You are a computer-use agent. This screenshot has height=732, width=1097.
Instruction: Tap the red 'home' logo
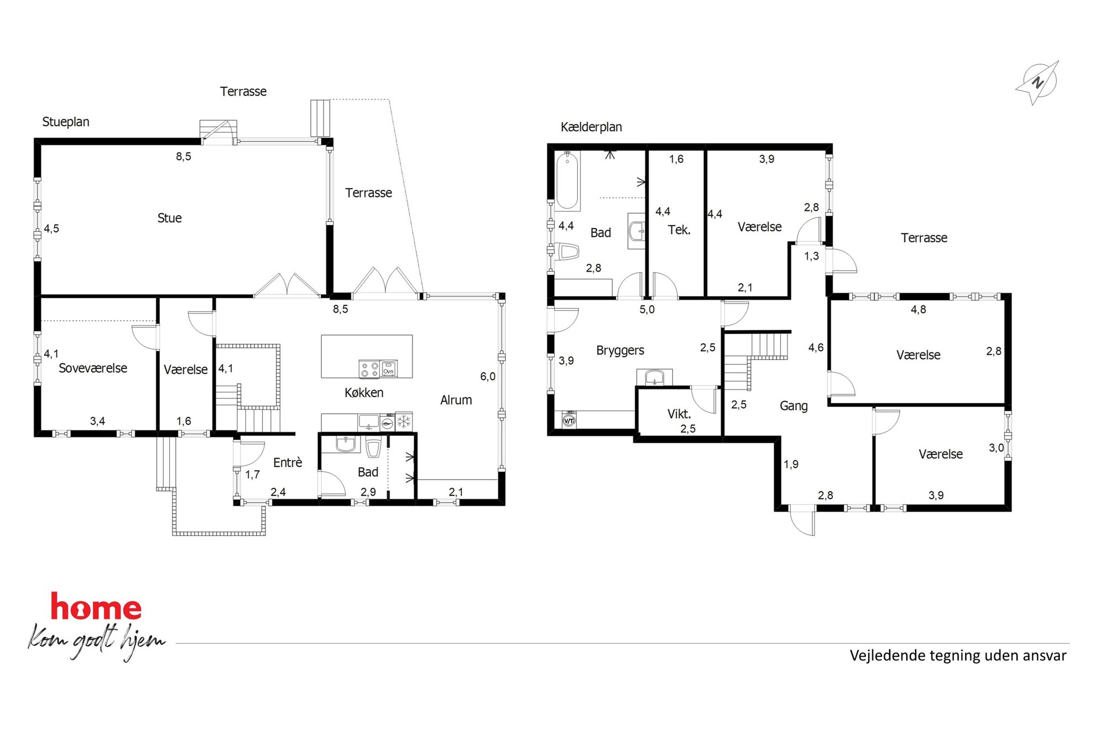tap(96, 606)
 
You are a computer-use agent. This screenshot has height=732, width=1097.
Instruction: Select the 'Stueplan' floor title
tap(66, 122)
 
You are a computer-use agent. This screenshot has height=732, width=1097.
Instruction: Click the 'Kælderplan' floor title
tap(591, 127)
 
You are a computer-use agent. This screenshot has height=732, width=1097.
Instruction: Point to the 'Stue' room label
tap(169, 218)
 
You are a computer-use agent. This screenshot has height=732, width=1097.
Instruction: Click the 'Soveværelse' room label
tap(93, 368)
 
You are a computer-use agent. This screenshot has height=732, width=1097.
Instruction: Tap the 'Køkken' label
tap(364, 392)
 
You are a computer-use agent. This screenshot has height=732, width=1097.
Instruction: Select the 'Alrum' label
tap(456, 400)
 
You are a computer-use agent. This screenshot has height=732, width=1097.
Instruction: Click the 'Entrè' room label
tap(288, 463)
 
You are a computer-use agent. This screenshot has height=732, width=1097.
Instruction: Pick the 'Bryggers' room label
tap(620, 350)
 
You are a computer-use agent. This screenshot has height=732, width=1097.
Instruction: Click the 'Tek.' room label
tap(679, 230)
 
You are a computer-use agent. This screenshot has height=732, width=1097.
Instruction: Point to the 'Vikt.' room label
tap(679, 414)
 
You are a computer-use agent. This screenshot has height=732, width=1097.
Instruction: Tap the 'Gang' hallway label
tap(793, 406)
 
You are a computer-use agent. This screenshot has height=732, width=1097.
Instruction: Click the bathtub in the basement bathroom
tap(567, 180)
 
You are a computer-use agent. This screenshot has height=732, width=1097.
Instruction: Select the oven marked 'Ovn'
tap(389, 368)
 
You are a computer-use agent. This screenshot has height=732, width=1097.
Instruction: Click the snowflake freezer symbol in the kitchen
tap(404, 422)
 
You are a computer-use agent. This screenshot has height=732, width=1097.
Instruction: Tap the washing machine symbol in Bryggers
tap(569, 420)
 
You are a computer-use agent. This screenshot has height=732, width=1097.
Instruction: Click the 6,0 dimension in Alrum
tap(488, 377)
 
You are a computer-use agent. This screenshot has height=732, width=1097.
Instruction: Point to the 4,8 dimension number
tap(918, 310)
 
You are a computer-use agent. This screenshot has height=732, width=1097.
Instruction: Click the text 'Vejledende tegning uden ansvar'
tap(958, 656)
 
